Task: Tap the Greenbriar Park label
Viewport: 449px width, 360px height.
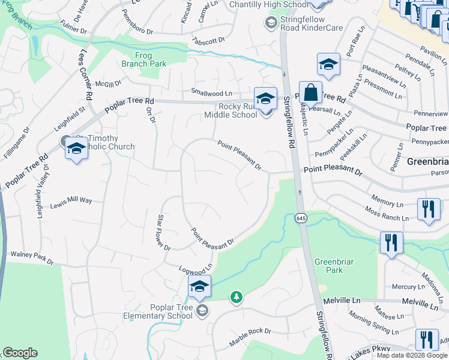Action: [329, 265]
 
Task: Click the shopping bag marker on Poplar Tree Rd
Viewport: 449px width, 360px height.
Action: [310, 94]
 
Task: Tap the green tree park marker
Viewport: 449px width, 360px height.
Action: [237, 297]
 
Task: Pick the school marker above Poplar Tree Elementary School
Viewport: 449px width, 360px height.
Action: [199, 287]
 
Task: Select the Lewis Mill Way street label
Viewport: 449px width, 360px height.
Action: [71, 200]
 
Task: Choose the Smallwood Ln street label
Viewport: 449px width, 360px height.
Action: [211, 93]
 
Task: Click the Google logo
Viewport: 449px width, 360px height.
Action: [20, 353]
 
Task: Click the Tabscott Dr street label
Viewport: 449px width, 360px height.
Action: [209, 40]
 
